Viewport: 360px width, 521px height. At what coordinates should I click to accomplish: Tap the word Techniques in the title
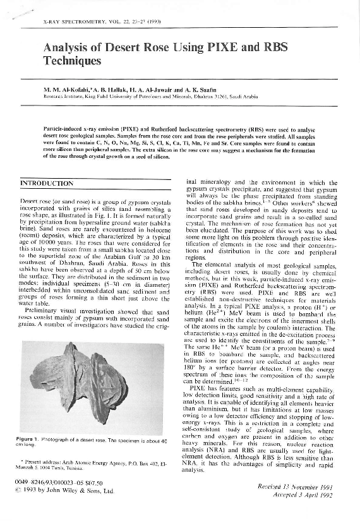[x=73, y=61]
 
